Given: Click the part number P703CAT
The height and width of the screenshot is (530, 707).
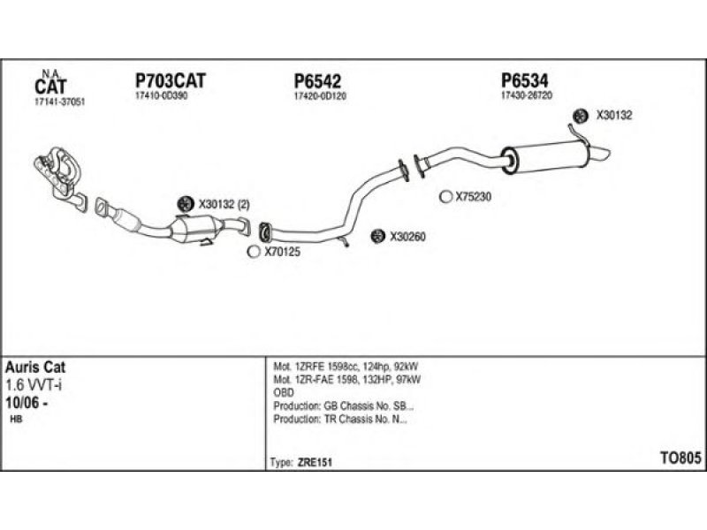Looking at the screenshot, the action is [x=171, y=81].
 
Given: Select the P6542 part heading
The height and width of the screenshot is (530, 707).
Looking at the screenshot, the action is [x=317, y=81].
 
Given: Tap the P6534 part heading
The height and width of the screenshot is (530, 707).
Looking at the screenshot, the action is [x=525, y=80].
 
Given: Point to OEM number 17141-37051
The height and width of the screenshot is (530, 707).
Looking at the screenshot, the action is [x=59, y=102].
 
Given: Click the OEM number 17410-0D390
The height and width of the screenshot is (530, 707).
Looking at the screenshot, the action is [x=162, y=95].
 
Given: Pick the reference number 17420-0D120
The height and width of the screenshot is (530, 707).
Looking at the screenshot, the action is [x=320, y=95].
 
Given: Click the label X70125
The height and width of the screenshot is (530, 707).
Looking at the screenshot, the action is [x=282, y=252].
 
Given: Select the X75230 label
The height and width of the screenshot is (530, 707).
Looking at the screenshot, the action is [x=474, y=196].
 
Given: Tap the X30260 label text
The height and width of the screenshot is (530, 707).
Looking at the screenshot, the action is [x=407, y=237].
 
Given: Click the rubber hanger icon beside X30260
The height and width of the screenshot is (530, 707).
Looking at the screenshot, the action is [x=377, y=236].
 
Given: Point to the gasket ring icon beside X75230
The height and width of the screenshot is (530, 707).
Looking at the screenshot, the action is [x=445, y=196].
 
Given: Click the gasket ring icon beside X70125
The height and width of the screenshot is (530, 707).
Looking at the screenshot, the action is [x=254, y=252].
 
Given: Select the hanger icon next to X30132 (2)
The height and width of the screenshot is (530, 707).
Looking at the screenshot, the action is [x=185, y=205].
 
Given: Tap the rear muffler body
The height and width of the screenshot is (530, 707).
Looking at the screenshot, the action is [x=545, y=158].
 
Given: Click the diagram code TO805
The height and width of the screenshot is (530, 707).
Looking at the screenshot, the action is [x=680, y=458].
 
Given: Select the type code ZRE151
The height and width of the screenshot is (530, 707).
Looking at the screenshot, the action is [x=315, y=463].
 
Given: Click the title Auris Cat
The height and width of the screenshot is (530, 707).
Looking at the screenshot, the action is [x=35, y=367].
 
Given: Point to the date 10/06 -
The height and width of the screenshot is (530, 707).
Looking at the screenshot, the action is [x=27, y=403].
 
